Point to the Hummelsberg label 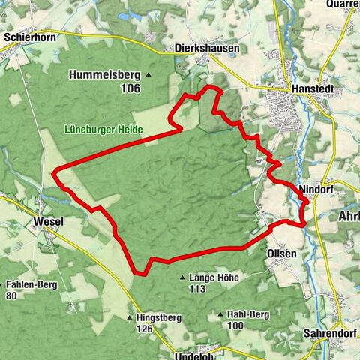(x=105, y=74)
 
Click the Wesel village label (x=49, y=222)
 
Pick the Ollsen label (x=282, y=253)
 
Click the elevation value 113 (x=198, y=289)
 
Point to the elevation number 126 (x=145, y=328)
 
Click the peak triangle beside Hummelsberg (x=148, y=74)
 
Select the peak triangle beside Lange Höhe (x=182, y=278)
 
